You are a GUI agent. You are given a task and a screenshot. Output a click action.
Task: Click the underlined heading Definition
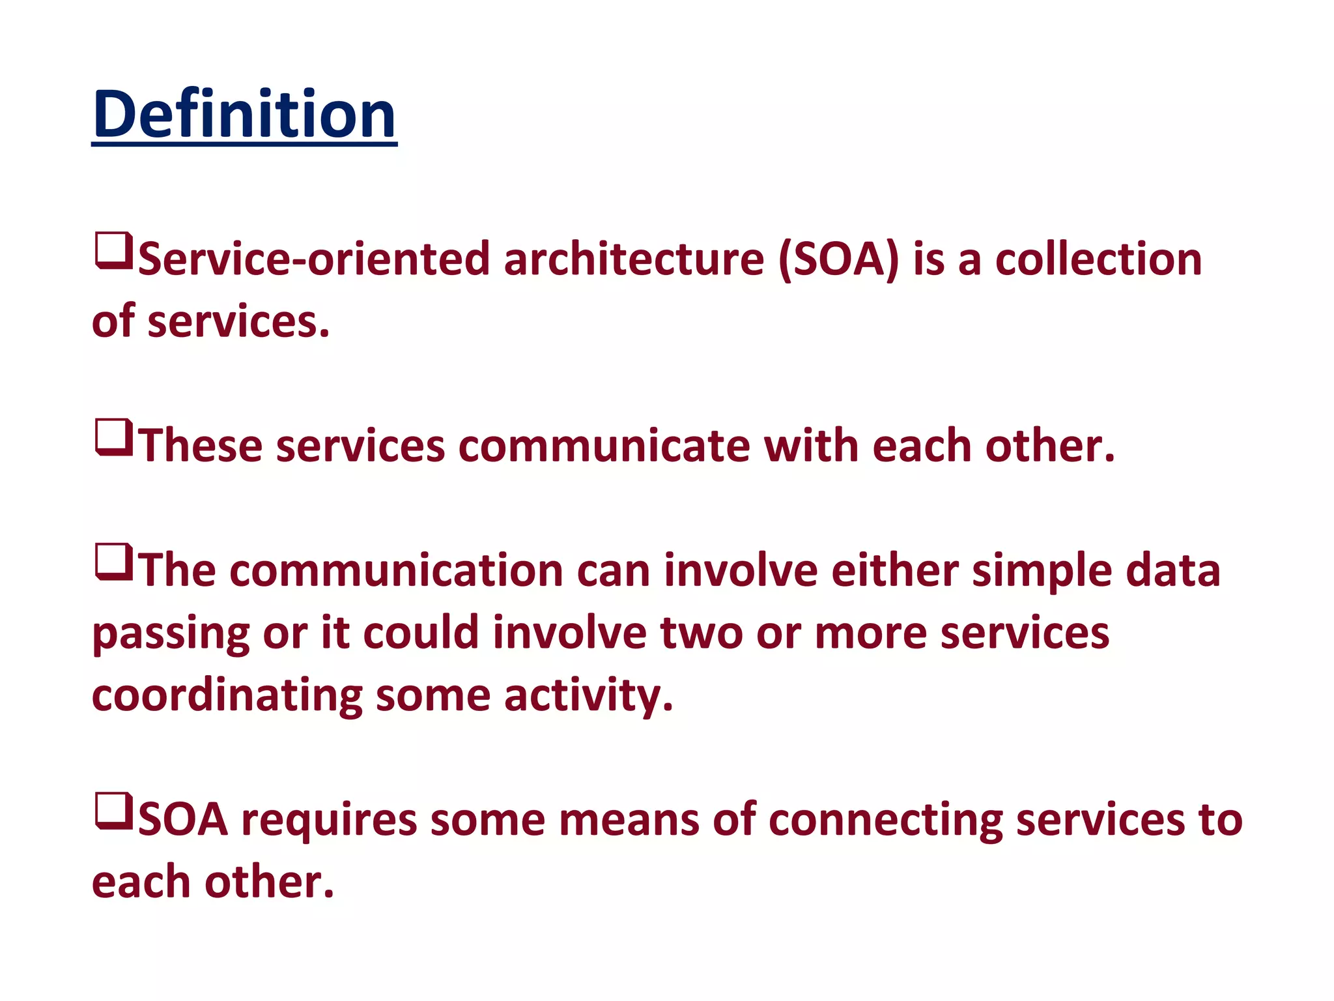[x=244, y=115]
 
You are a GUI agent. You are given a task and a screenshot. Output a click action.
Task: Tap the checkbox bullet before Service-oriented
[x=114, y=251]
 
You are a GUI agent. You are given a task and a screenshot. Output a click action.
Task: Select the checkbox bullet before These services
[x=114, y=437]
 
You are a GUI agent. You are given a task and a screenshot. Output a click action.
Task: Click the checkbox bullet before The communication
[x=114, y=562]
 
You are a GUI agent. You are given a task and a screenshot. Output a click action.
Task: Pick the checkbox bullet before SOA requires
[x=114, y=811]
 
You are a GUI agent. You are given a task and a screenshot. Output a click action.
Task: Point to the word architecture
[x=634, y=259]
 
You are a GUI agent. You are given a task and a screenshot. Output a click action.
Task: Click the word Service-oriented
[x=313, y=259]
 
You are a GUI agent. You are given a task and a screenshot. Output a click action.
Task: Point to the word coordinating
[x=227, y=696]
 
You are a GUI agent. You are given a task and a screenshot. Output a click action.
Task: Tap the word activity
[x=588, y=696]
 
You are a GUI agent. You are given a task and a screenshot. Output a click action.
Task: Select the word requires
[x=329, y=821]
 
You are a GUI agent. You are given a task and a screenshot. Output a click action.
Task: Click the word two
[x=702, y=633]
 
